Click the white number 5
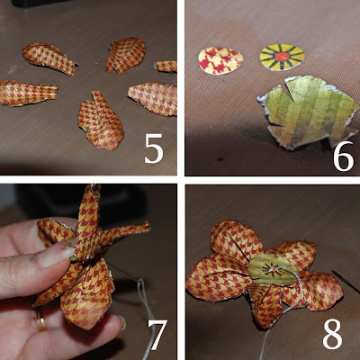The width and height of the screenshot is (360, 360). pos(154,148)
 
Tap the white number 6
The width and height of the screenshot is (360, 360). pos(344,156)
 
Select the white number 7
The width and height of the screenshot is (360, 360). pos(157,335)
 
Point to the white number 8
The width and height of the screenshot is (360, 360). pos(332,334)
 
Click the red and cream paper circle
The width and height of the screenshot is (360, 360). pos(220,60)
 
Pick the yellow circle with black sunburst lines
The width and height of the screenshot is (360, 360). pos(282,57)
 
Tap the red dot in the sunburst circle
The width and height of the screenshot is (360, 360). pos(282,57)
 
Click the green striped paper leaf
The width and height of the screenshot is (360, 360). pos(308,112)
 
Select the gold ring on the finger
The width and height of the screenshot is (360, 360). pos(40,321)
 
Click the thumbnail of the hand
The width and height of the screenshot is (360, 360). pos(56,256)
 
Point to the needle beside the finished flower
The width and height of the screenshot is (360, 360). pos(345,282)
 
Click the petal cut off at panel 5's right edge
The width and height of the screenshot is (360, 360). pos(166,67)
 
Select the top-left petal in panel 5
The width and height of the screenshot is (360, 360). pos(49,58)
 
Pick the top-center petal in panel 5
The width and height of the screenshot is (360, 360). pos(126,55)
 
